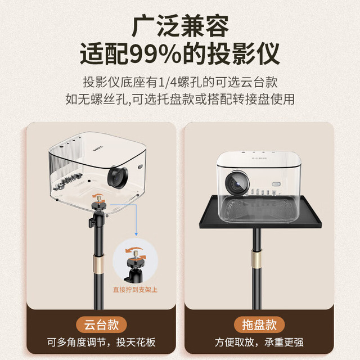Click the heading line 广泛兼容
coord(180,26)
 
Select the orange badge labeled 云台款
coord(101,325)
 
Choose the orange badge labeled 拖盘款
coord(259,325)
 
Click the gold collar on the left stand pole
coord(98,264)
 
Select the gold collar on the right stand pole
coord(257,260)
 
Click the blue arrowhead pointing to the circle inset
coord(136,234)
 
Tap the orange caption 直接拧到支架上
coord(135,290)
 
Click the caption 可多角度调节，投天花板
coord(101,342)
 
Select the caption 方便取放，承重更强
coord(259,342)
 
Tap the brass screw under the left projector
coord(100,197)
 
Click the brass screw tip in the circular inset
coord(136,254)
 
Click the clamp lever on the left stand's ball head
coord(91,223)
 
